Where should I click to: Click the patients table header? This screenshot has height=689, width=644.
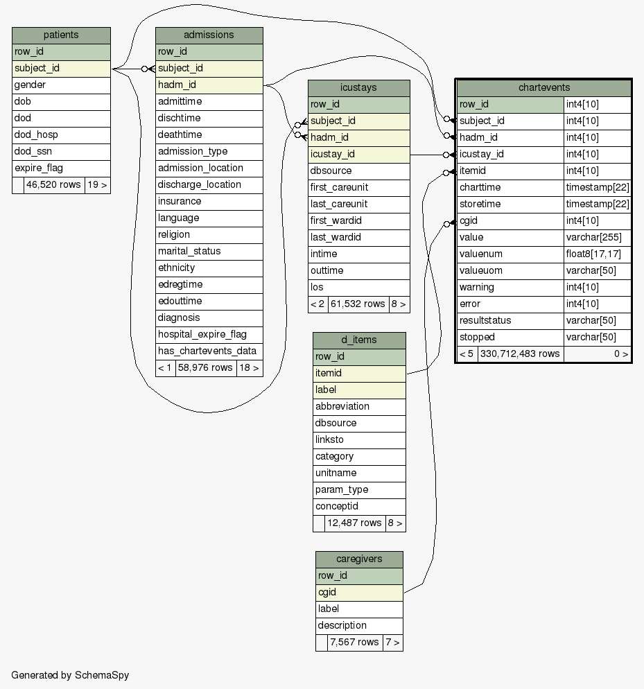(x=61, y=35)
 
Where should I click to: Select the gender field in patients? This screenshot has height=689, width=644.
(x=30, y=85)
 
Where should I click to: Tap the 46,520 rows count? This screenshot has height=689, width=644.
(x=54, y=185)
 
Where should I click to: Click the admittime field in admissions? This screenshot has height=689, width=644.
(x=180, y=101)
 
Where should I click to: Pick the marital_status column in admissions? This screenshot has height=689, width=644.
(x=189, y=251)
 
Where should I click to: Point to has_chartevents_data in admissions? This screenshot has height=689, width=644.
(x=207, y=351)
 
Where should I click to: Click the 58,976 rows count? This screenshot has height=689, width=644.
(x=206, y=367)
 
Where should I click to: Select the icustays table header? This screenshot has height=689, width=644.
(x=358, y=88)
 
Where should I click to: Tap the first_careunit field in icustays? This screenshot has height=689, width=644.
(x=339, y=187)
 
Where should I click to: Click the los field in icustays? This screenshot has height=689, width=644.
(x=317, y=287)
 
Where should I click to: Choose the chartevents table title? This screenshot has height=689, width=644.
(x=544, y=87)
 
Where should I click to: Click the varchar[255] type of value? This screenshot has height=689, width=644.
(x=593, y=237)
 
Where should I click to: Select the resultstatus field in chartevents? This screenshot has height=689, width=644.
(x=485, y=320)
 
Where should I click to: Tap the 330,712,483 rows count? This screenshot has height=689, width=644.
(x=520, y=354)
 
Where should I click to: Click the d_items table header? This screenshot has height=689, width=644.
(x=359, y=340)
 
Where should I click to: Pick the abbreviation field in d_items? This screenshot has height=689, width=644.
(x=342, y=406)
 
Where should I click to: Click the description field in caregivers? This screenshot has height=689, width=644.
(x=342, y=625)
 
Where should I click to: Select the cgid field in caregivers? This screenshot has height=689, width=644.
(x=327, y=592)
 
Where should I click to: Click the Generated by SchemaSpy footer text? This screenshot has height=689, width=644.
(x=70, y=675)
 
